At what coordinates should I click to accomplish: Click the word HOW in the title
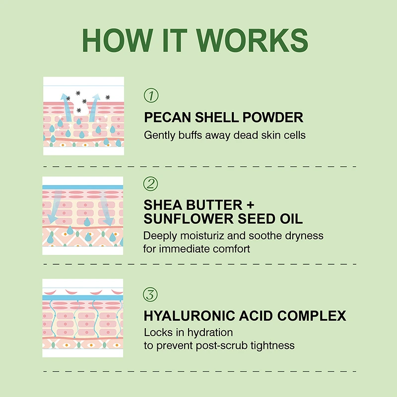pos(118,41)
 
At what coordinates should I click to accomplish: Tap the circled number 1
pos(151,95)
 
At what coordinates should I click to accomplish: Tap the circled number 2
pos(150,184)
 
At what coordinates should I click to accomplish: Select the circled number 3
pos(150,294)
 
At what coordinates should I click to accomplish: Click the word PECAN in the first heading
pos(167,118)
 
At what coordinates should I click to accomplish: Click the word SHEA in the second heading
pos(163,205)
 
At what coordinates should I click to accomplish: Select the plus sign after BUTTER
pos(250,205)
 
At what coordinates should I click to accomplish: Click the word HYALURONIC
pos(190,316)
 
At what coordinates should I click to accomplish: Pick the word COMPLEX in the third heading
pos(312,316)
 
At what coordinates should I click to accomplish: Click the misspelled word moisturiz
pos(202,236)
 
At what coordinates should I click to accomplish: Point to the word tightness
pos(272,346)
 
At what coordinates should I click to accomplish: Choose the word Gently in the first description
pos(159,135)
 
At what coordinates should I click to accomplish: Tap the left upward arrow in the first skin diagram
pos(66,107)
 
